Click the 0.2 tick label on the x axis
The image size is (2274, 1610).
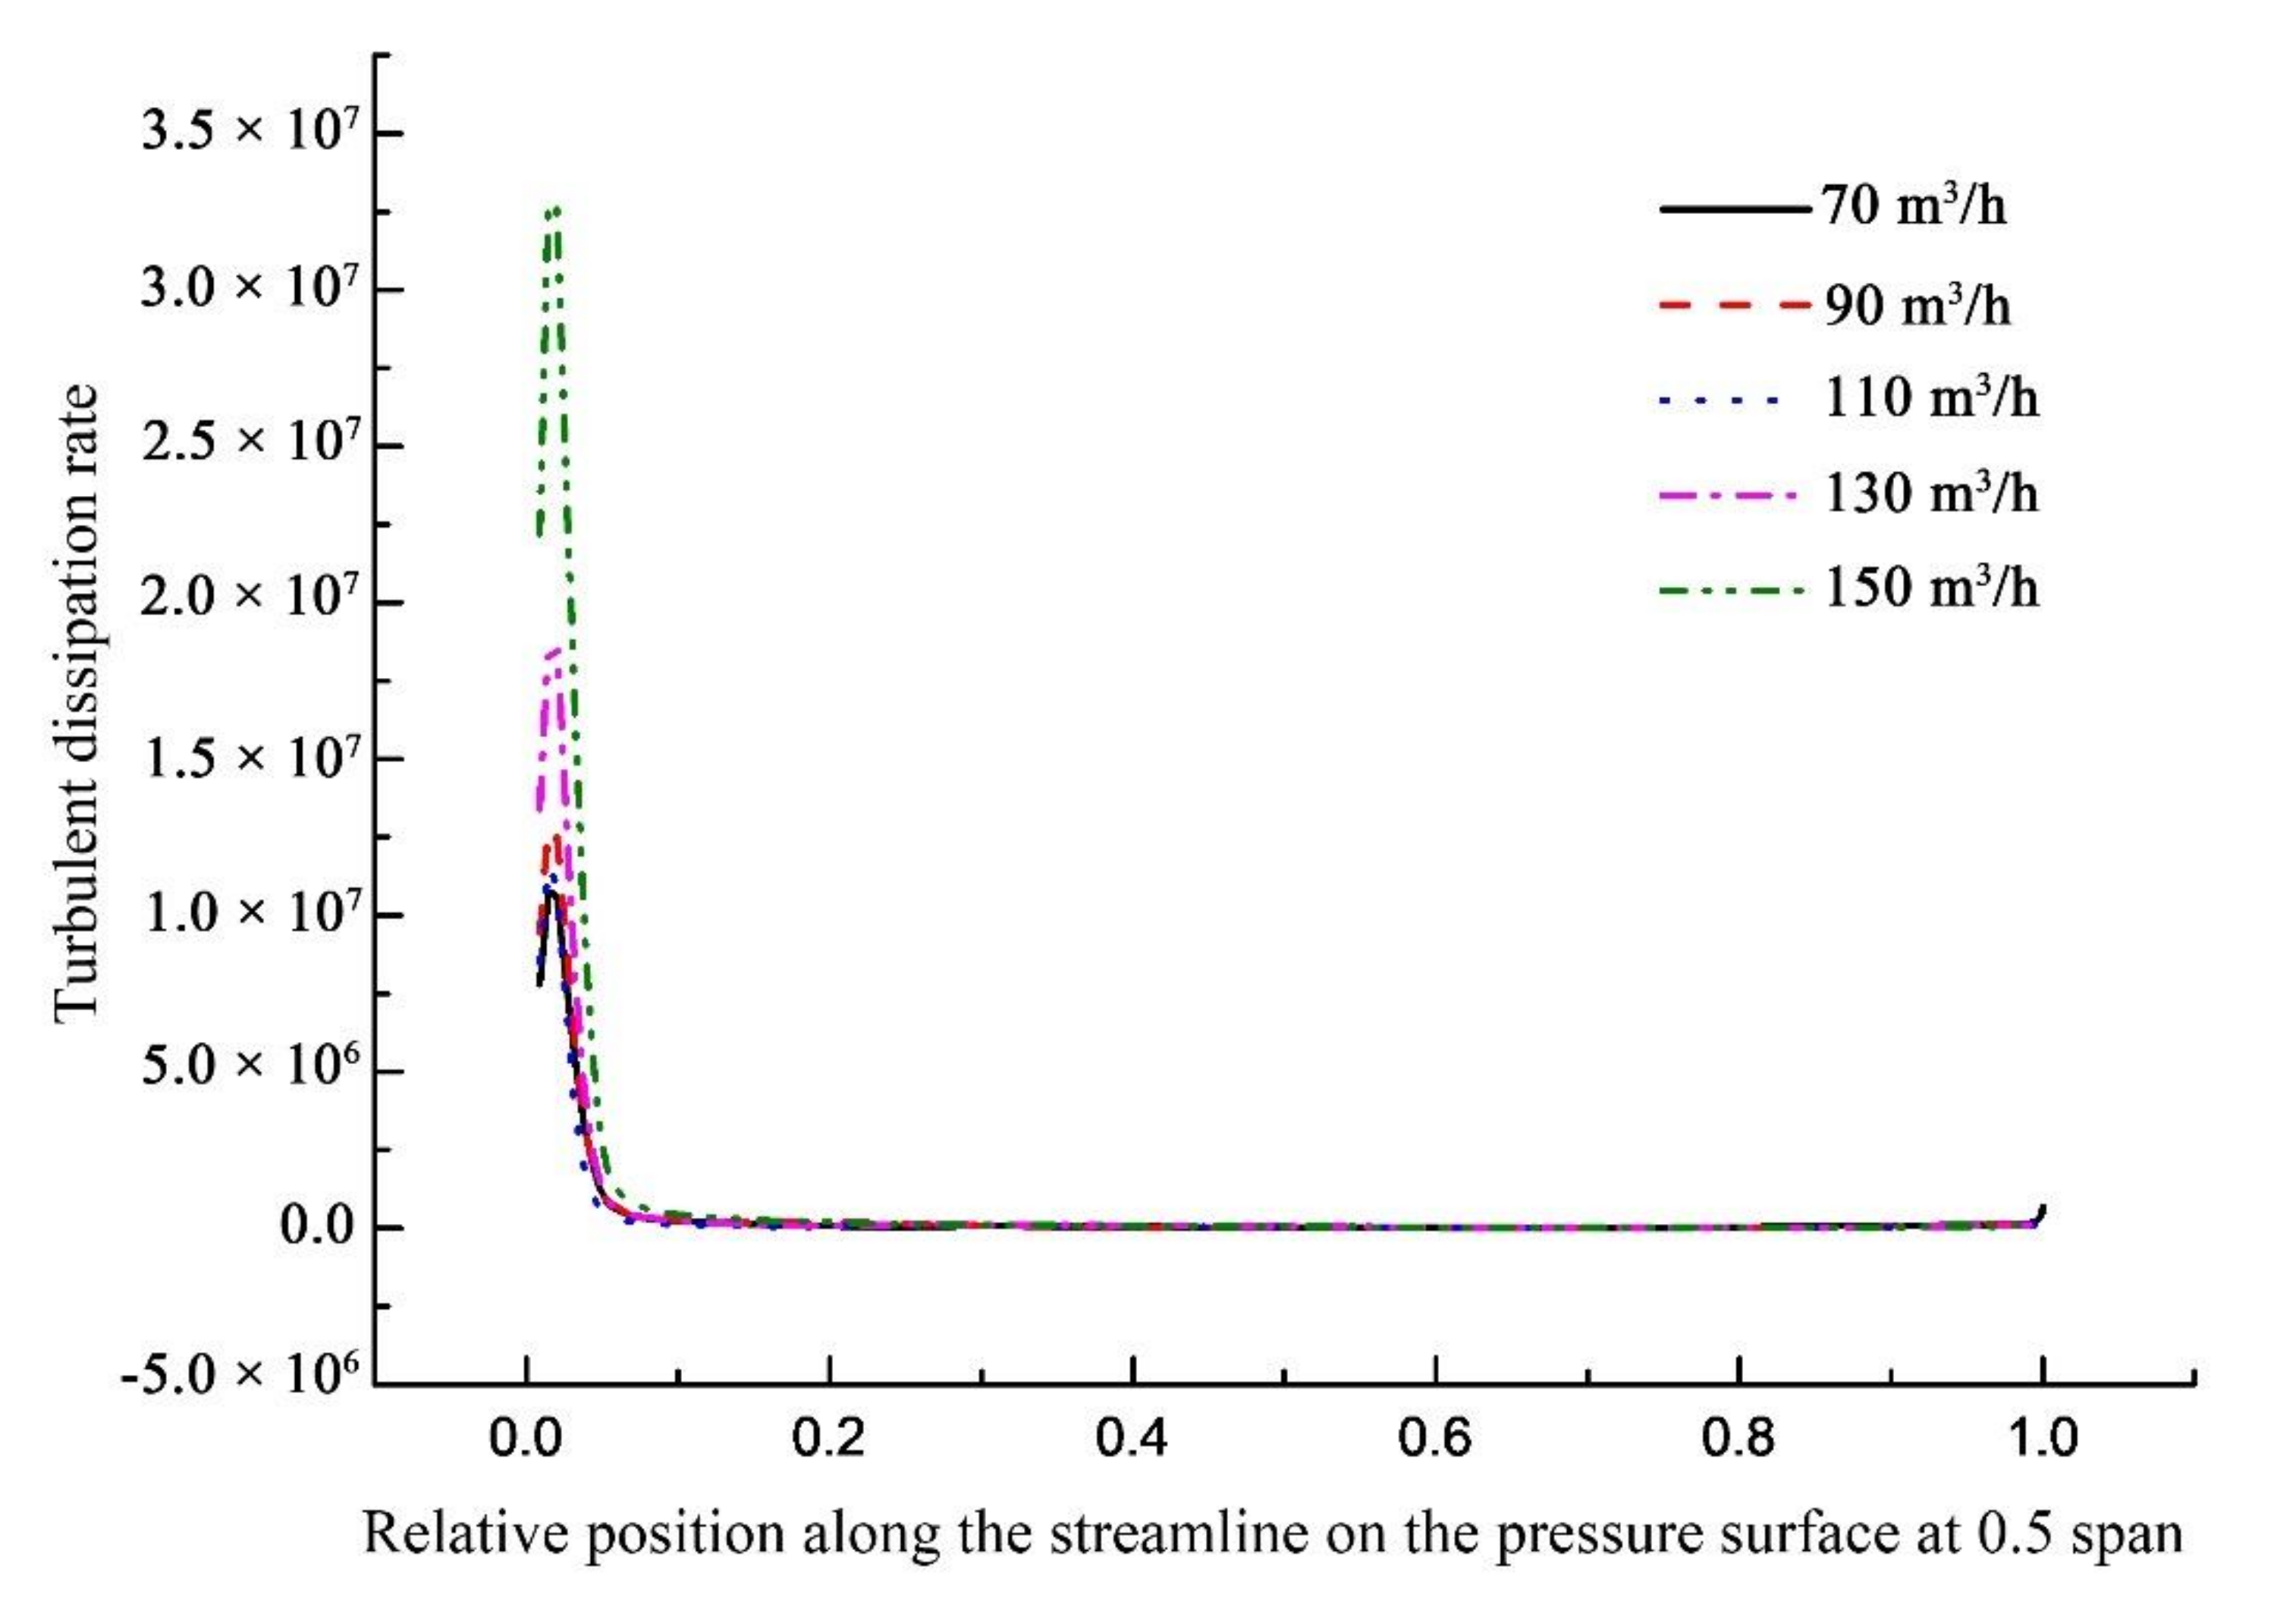point(830,1439)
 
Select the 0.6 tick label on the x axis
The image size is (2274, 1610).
point(1435,1439)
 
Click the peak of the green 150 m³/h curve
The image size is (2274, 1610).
point(554,209)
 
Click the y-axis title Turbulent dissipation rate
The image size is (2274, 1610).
point(77,702)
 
